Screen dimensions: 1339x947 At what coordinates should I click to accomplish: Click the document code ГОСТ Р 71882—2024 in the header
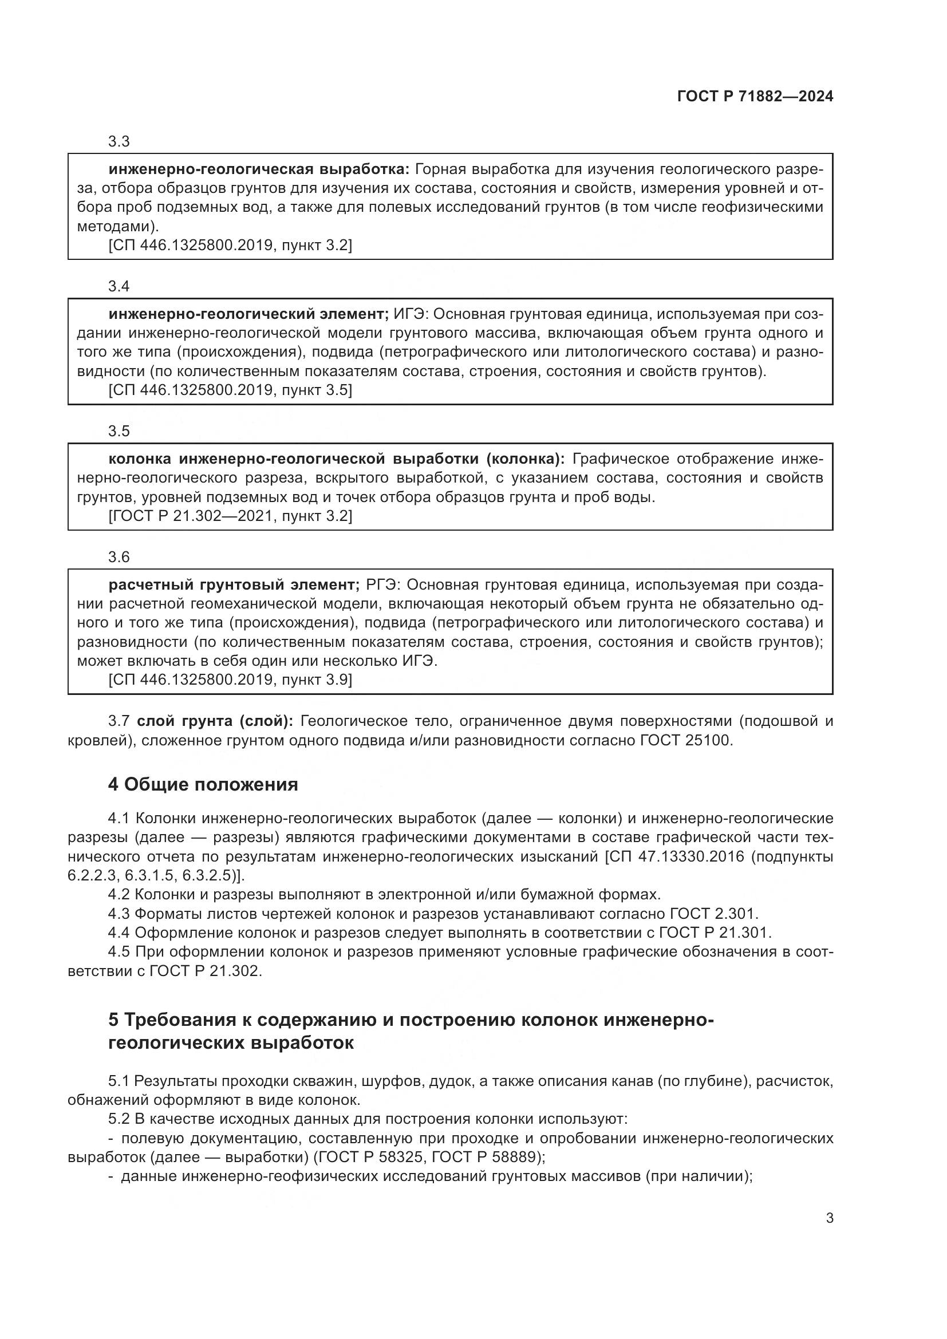(755, 97)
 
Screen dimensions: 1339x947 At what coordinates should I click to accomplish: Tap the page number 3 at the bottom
(829, 1218)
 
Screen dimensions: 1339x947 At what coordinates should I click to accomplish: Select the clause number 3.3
(119, 142)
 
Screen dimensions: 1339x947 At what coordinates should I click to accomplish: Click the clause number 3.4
(119, 286)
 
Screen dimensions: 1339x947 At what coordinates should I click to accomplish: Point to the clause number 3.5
(119, 431)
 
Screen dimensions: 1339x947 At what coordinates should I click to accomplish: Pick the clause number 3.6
(119, 557)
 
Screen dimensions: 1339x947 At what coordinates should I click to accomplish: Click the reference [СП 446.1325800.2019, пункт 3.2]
(230, 245)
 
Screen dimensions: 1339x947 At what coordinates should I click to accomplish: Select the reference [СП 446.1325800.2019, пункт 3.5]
(230, 390)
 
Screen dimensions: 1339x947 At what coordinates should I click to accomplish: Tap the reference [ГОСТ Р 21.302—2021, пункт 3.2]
(230, 516)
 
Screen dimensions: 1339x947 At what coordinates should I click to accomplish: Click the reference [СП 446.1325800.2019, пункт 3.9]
(230, 680)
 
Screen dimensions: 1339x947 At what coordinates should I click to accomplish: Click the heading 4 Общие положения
(202, 784)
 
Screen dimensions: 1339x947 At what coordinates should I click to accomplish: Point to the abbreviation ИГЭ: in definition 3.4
(411, 314)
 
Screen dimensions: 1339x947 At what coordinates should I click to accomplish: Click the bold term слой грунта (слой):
(215, 721)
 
